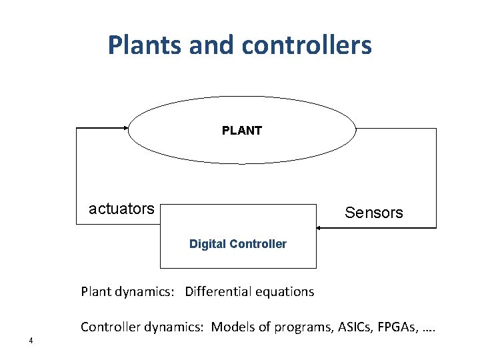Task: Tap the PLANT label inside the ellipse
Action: (241, 131)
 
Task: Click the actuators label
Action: (121, 209)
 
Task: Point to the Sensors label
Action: (373, 213)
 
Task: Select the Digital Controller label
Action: (238, 244)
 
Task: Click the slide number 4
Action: (31, 342)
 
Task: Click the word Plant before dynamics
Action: (95, 291)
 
